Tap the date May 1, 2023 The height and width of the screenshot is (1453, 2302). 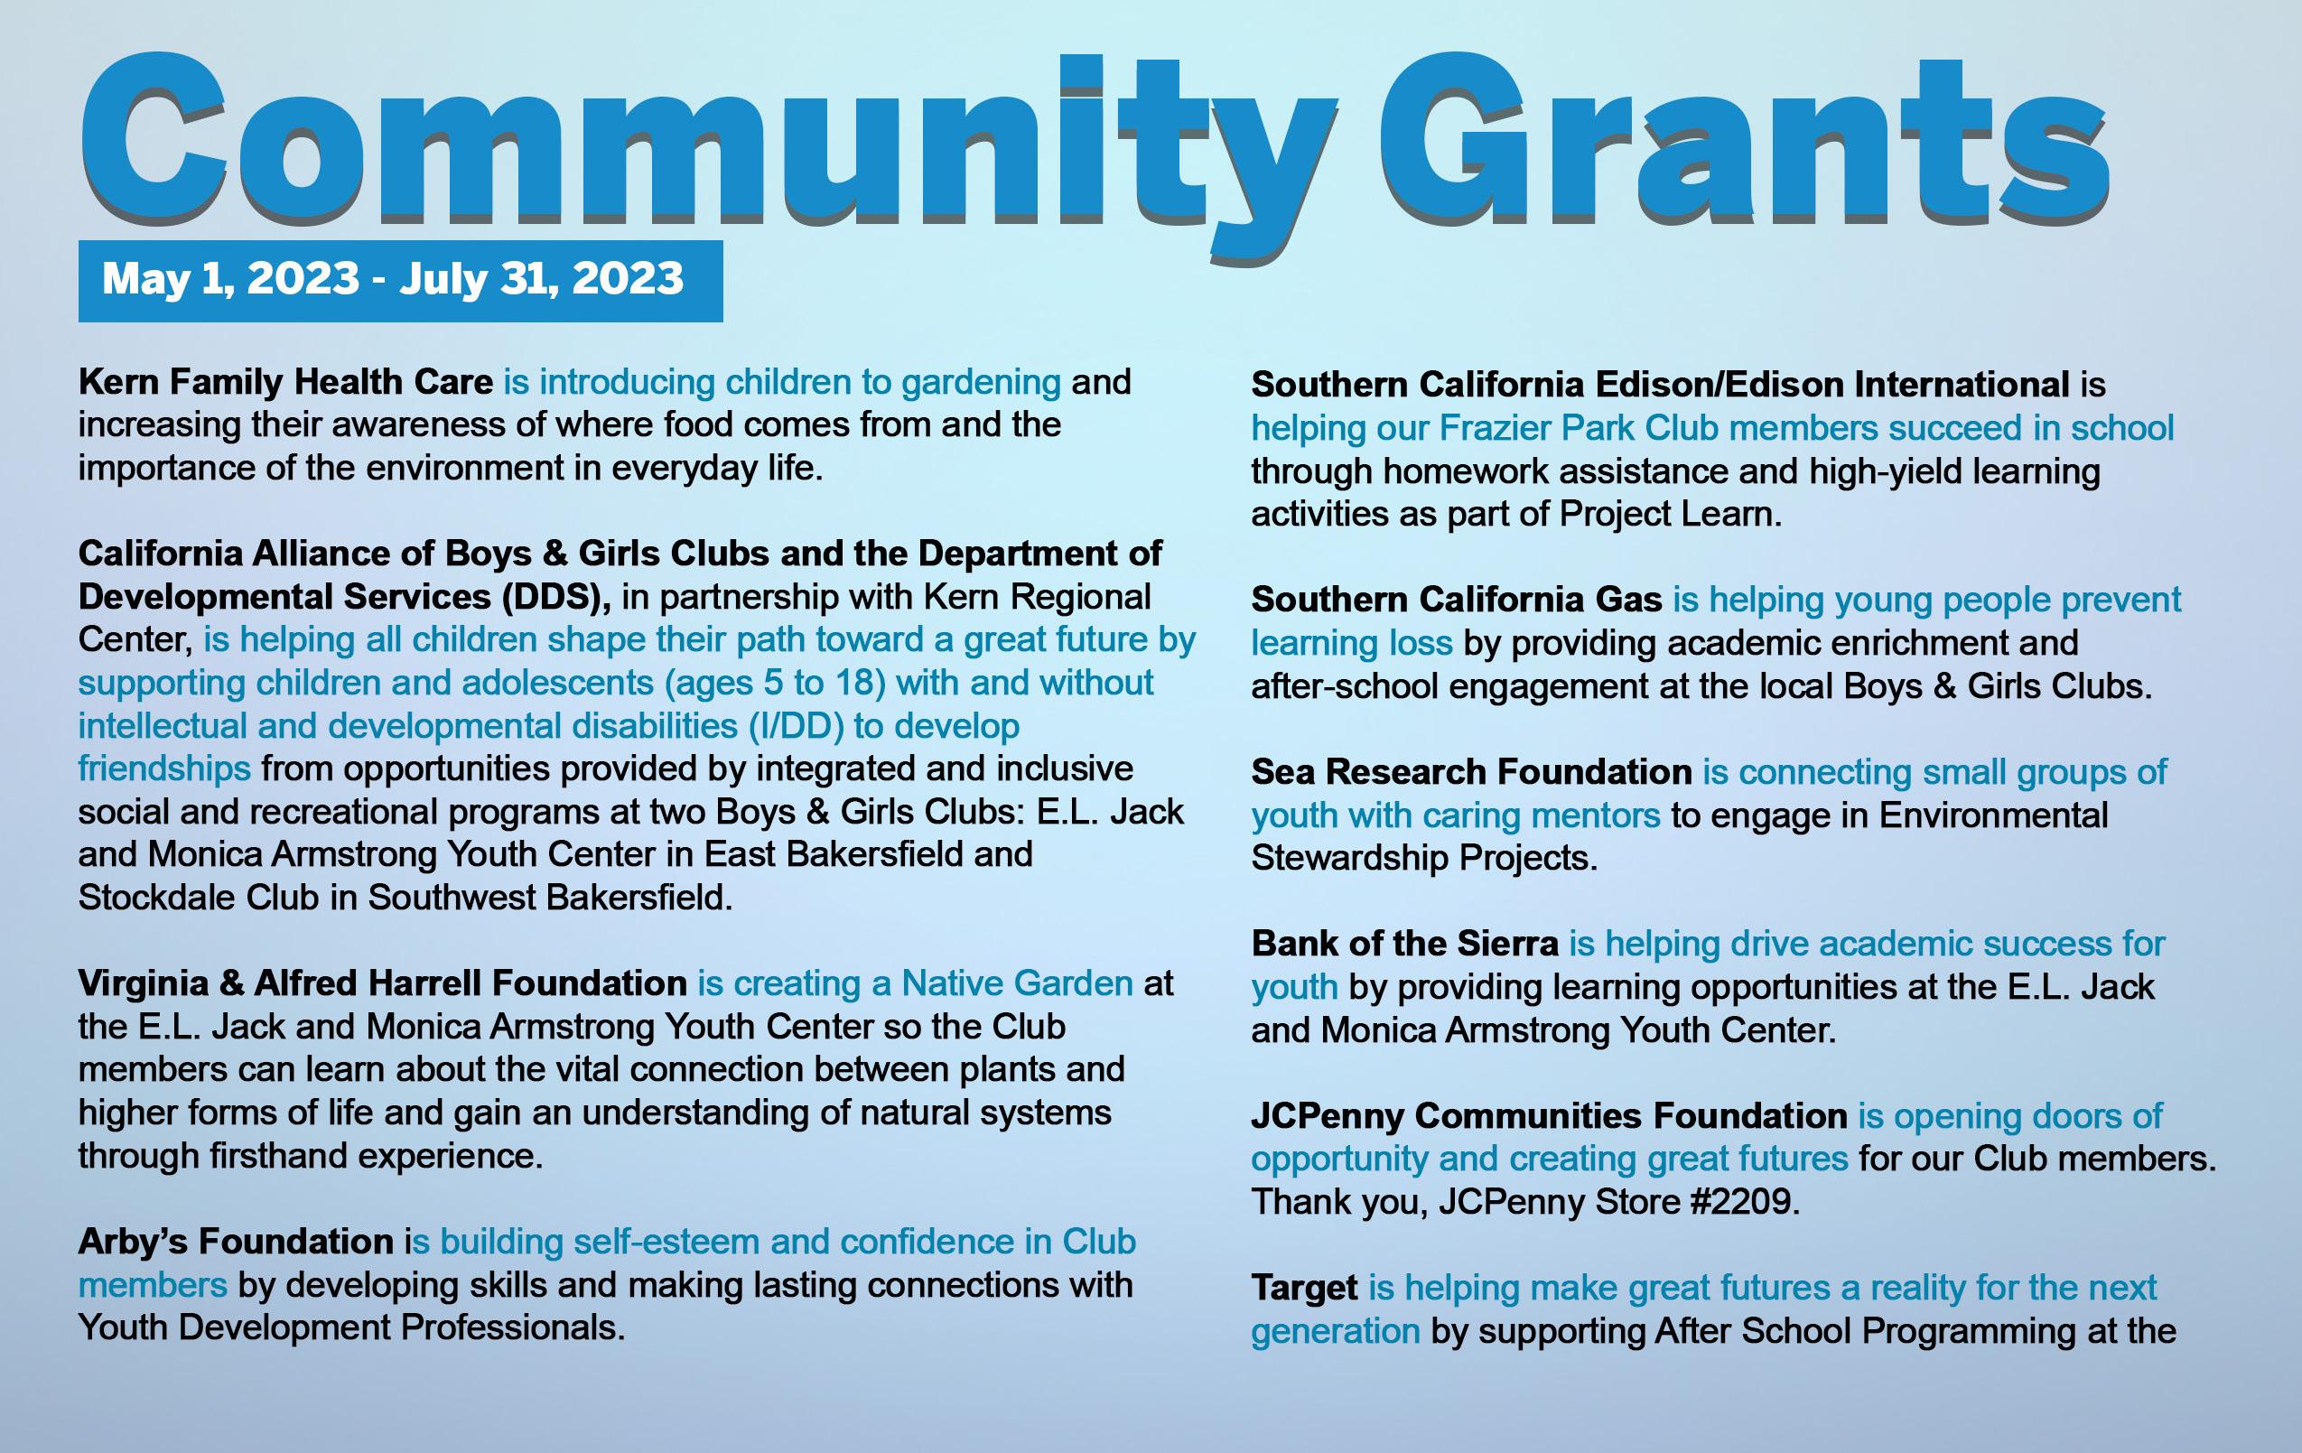coord(229,279)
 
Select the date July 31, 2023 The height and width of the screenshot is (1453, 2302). coord(541,279)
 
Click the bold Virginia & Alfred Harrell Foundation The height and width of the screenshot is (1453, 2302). coord(382,983)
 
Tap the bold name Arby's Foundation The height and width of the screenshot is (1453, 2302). coord(235,1242)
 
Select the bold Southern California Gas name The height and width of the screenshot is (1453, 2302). coord(1456,600)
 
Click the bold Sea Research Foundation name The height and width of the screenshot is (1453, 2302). coord(1471,771)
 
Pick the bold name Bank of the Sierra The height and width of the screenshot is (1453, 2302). coord(1404,944)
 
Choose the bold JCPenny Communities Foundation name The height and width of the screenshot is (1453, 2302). coord(1549,1115)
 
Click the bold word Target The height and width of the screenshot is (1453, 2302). coord(1304,1288)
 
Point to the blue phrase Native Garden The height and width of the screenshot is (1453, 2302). coord(1017,983)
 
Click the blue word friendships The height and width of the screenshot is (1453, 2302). coord(164,768)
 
